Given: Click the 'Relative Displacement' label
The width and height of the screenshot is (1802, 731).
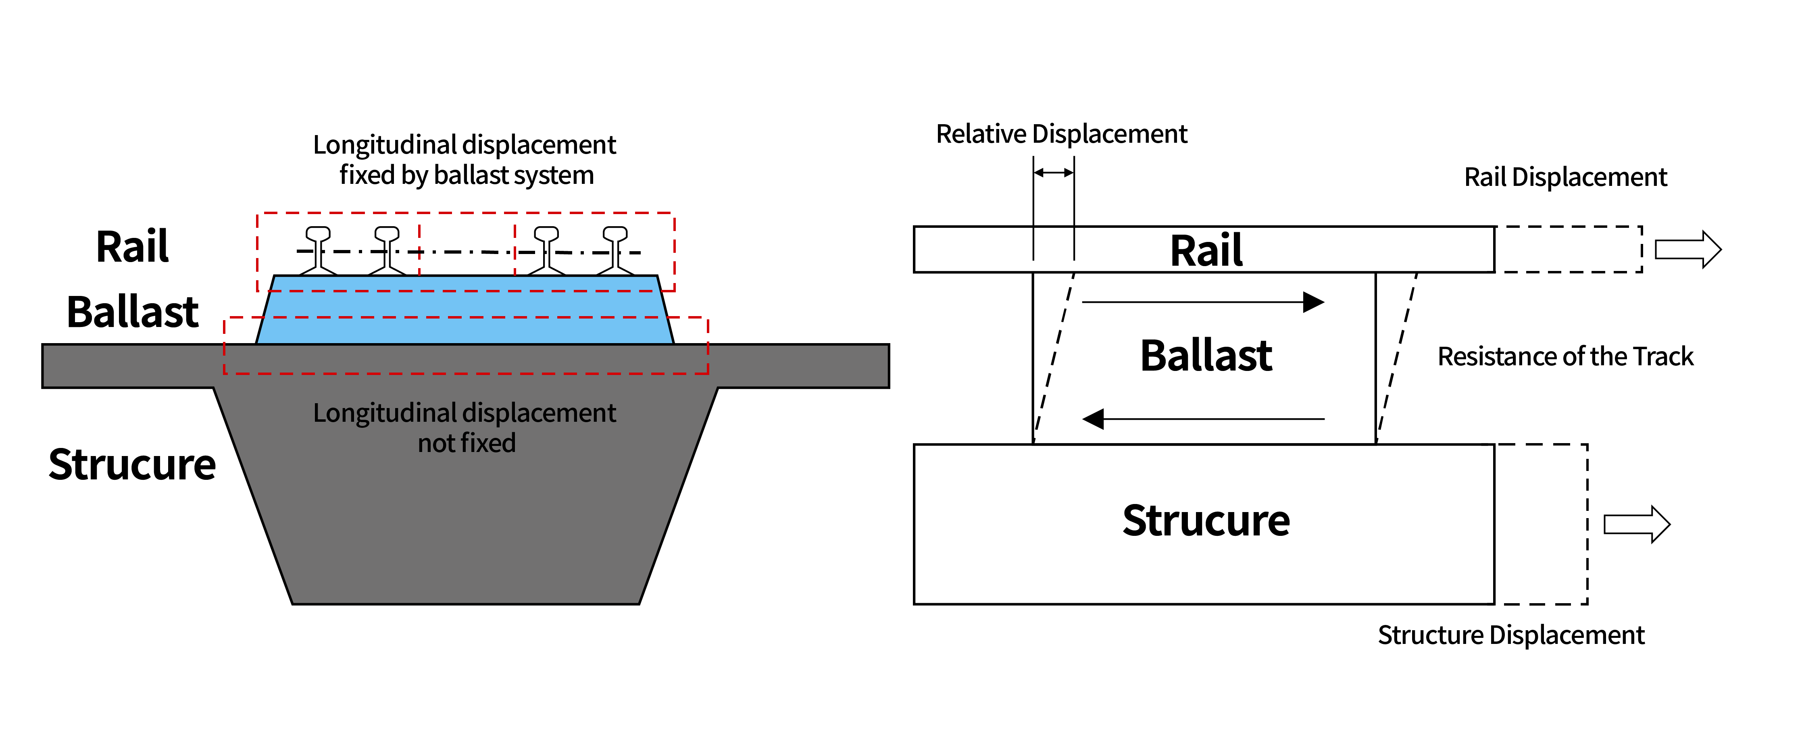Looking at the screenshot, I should [x=1061, y=133].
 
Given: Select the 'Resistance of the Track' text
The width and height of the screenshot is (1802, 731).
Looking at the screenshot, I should [x=1565, y=357].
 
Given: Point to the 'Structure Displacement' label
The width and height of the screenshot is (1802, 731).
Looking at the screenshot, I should [x=1510, y=635].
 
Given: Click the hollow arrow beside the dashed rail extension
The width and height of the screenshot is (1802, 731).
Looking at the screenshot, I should [x=1687, y=250].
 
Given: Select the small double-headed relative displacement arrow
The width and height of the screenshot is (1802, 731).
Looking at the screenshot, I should [x=1054, y=172].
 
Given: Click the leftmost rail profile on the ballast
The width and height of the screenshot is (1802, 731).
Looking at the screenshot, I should [x=318, y=250].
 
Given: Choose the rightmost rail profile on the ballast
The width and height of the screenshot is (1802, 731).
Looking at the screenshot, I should [x=615, y=250].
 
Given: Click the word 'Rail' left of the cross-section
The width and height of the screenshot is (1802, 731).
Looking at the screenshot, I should [x=132, y=246].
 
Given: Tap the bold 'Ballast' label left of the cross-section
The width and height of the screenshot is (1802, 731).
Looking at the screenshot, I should [x=132, y=312].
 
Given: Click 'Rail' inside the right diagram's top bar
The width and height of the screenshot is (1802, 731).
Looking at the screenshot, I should [x=1206, y=250].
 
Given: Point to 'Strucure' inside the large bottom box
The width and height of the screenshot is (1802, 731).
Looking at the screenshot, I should [x=1206, y=521].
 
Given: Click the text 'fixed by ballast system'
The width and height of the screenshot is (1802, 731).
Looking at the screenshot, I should [x=467, y=175].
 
